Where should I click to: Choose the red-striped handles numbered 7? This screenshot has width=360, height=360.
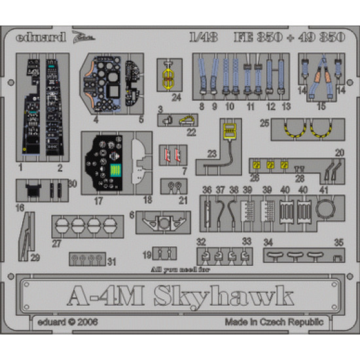coord(171,155)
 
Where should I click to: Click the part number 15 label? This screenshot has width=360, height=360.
coord(320,105)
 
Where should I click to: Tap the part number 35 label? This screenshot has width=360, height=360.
coord(338,242)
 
